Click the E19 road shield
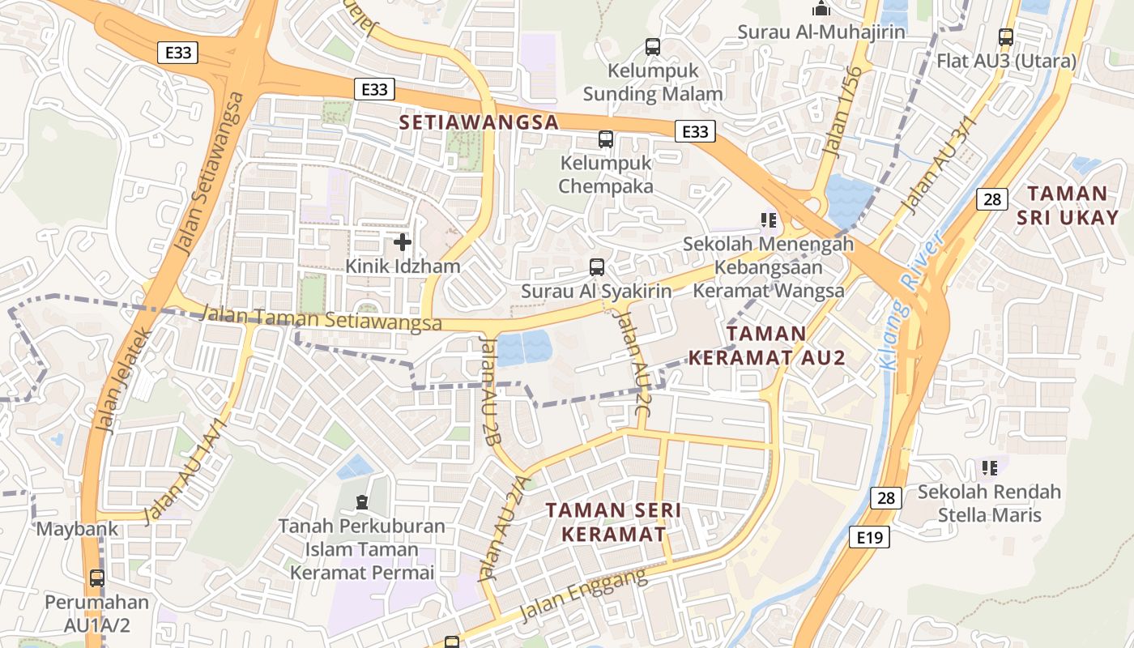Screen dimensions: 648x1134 click(x=871, y=536)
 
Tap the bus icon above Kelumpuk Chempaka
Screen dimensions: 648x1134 click(x=606, y=139)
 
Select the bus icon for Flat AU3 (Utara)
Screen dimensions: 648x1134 click(x=1006, y=36)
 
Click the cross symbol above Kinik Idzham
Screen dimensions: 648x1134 click(x=403, y=241)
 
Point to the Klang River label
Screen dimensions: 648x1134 click(x=910, y=300)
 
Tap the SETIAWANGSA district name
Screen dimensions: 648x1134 click(x=480, y=122)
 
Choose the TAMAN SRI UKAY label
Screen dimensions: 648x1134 click(x=1067, y=205)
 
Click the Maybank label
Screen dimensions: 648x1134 click(x=78, y=530)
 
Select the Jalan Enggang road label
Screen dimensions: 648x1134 click(x=583, y=595)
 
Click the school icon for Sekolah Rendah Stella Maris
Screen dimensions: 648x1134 click(x=989, y=467)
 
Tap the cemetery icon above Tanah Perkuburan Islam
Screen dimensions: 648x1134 click(x=361, y=503)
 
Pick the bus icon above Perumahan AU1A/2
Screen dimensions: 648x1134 click(x=97, y=578)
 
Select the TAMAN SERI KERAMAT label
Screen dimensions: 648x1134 click(x=613, y=522)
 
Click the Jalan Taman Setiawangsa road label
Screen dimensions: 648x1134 click(x=321, y=318)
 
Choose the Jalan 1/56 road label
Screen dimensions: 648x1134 click(x=843, y=110)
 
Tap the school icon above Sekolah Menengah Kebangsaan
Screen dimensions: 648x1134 click(x=769, y=220)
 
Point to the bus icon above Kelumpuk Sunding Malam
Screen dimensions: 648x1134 click(x=653, y=47)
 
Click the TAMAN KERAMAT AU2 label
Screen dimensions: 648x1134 click(x=766, y=345)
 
